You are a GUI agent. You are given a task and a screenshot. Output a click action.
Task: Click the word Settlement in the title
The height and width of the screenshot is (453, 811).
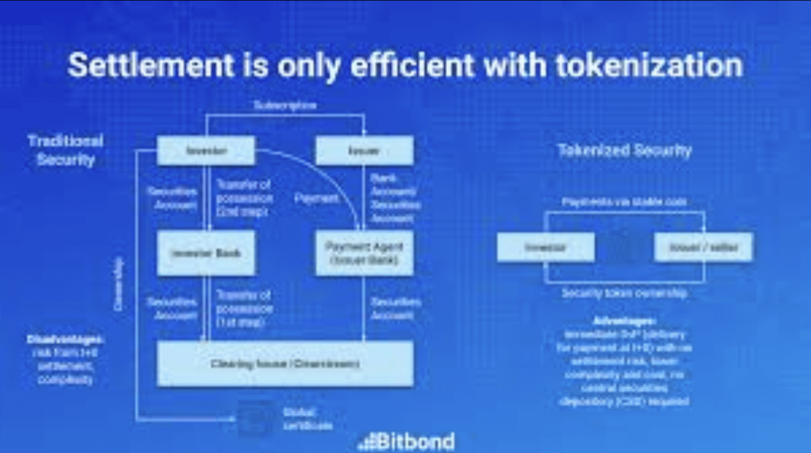click(150, 66)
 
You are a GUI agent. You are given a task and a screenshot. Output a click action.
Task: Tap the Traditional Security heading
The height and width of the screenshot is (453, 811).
click(66, 150)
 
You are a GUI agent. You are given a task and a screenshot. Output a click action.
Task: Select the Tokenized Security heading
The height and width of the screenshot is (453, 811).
click(625, 151)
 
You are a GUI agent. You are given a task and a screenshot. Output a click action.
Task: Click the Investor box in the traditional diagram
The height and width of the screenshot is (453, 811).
click(206, 151)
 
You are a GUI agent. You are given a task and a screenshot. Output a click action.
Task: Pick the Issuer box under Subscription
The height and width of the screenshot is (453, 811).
click(364, 151)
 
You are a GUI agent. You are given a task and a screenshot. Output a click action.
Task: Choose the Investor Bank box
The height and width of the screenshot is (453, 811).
click(206, 253)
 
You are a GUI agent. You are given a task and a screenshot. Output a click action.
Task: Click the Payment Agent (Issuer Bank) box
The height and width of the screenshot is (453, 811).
click(364, 253)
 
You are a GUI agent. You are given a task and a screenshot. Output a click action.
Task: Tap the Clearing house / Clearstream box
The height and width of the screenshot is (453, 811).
click(285, 364)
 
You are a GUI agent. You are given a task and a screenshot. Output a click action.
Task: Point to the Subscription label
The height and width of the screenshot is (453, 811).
click(285, 105)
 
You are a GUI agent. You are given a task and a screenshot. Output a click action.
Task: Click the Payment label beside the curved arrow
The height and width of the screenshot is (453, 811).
click(317, 198)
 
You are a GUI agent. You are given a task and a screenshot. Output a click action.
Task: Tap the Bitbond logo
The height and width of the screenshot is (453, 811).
click(407, 441)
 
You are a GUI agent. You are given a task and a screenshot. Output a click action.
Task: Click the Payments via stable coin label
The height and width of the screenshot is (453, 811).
click(624, 201)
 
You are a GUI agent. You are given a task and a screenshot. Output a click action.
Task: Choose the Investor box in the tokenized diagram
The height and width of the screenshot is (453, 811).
click(545, 248)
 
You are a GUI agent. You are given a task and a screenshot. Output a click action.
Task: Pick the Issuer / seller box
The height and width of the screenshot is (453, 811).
click(703, 248)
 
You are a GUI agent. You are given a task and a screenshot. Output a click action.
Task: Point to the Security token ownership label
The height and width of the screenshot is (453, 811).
click(624, 293)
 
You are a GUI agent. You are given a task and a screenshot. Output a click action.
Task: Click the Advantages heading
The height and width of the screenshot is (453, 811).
click(624, 321)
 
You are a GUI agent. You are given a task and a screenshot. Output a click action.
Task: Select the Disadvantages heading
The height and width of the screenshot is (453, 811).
click(65, 340)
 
